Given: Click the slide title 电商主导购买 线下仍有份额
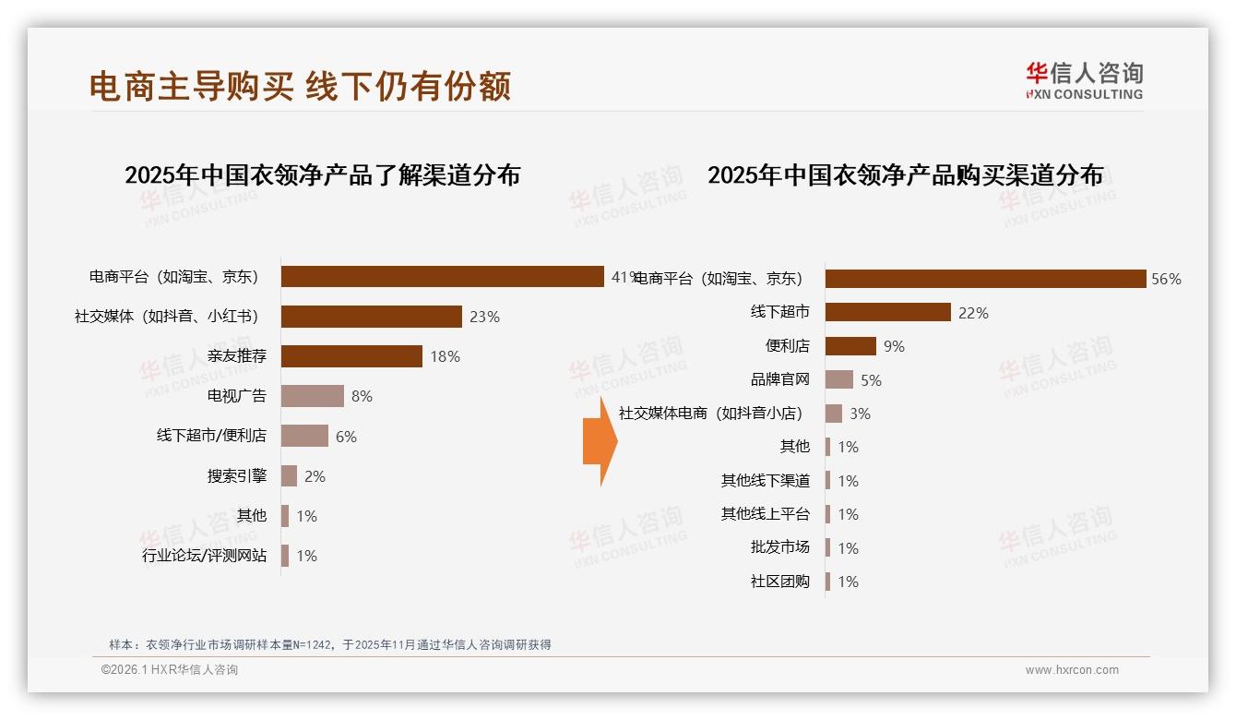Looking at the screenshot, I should [300, 86].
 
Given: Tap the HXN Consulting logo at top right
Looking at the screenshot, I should [1084, 80].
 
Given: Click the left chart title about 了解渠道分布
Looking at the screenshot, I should [322, 174].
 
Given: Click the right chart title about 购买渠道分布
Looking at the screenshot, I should [905, 174].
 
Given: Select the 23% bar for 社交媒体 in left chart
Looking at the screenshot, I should [371, 317].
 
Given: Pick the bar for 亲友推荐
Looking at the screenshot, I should [351, 356].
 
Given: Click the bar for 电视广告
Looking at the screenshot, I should [312, 396].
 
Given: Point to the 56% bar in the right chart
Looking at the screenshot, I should [985, 279].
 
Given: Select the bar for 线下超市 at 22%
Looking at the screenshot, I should [887, 312].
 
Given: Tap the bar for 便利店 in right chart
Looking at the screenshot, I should [850, 346].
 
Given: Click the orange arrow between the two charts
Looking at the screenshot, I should [600, 441].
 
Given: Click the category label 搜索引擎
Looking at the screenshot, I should [237, 476].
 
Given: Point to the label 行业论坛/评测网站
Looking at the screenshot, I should [204, 556].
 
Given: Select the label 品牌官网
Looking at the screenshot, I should [780, 379].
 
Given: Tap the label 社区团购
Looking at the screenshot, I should [780, 582].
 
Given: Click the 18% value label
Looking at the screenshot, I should [445, 356].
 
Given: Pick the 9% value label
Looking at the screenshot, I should [894, 346].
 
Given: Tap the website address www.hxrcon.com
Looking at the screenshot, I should [1072, 670].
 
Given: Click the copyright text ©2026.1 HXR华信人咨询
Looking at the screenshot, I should [170, 670].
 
